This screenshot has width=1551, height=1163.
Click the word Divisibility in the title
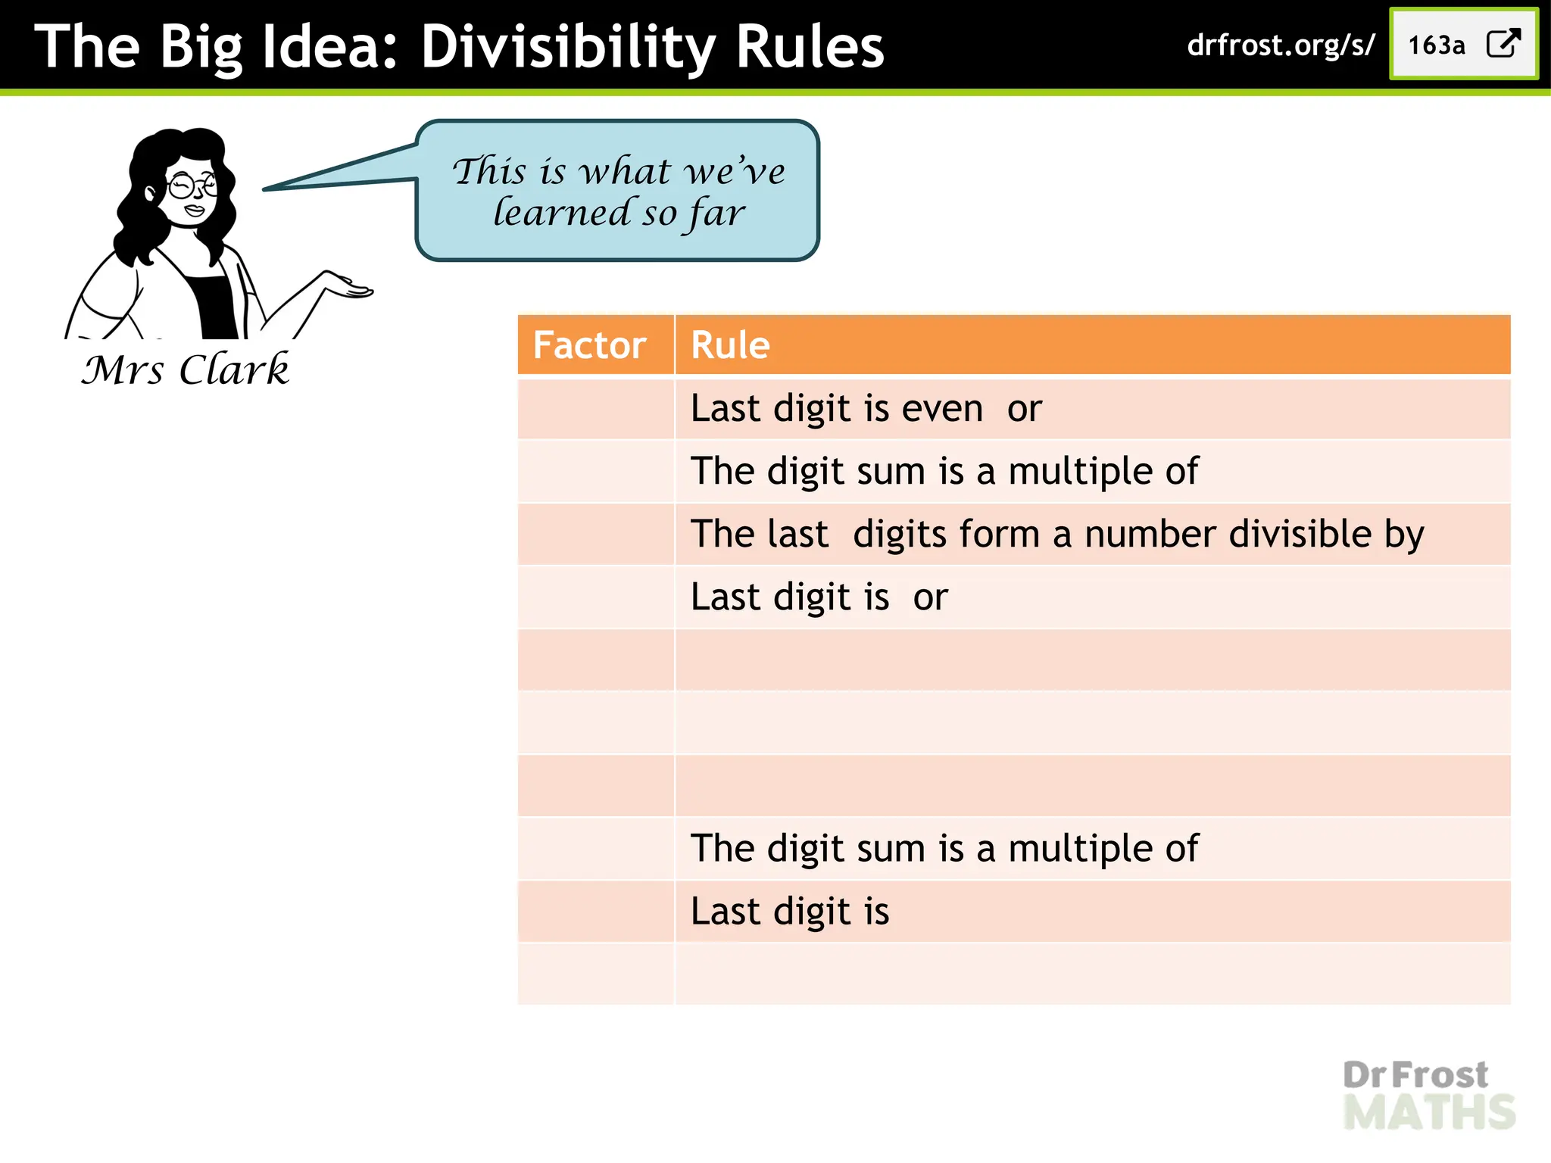[x=568, y=47]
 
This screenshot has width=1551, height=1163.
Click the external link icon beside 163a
[x=1503, y=44]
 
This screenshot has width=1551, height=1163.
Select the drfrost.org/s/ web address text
[x=1281, y=45]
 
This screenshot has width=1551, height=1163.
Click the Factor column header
[x=589, y=345]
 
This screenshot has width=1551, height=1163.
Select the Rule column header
[x=730, y=345]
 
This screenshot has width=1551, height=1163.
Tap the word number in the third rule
[x=1150, y=534]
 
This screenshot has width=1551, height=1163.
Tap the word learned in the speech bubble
[x=561, y=213]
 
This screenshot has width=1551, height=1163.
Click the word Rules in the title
[x=810, y=47]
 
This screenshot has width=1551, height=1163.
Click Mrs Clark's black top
[x=216, y=307]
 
